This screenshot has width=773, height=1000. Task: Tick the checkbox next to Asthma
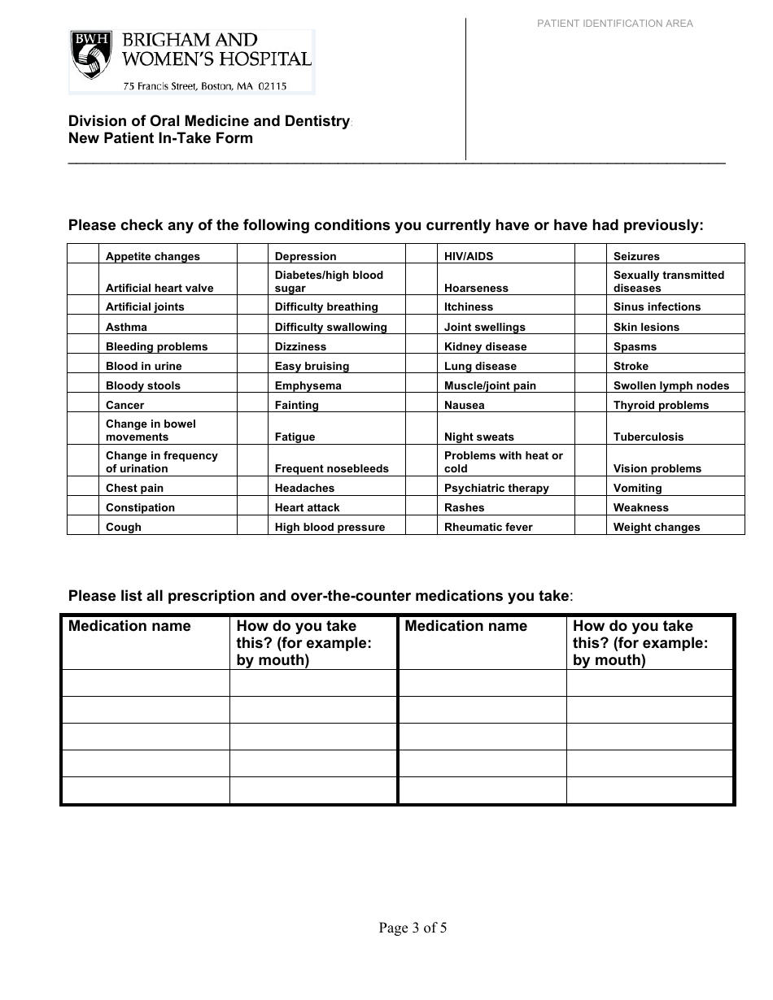83,327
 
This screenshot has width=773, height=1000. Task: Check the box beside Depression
252,254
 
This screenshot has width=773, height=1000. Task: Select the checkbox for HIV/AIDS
421,254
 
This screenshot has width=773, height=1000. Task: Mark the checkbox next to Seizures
591,254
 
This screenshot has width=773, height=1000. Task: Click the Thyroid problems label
661,405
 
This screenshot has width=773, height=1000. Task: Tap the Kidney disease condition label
485,346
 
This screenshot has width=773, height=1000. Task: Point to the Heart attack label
307,507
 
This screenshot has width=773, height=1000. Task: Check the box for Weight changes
591,526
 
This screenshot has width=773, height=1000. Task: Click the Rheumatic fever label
488,527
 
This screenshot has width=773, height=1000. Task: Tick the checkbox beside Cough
83,526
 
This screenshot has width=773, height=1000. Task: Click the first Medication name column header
129,626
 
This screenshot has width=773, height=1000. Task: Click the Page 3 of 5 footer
413,928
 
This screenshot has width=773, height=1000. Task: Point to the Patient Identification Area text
614,24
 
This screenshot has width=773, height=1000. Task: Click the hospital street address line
204,85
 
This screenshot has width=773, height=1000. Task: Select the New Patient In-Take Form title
160,138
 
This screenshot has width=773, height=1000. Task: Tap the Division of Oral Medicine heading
208,121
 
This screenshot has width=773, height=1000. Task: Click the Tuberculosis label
648,437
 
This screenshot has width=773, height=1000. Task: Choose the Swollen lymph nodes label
670,385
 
